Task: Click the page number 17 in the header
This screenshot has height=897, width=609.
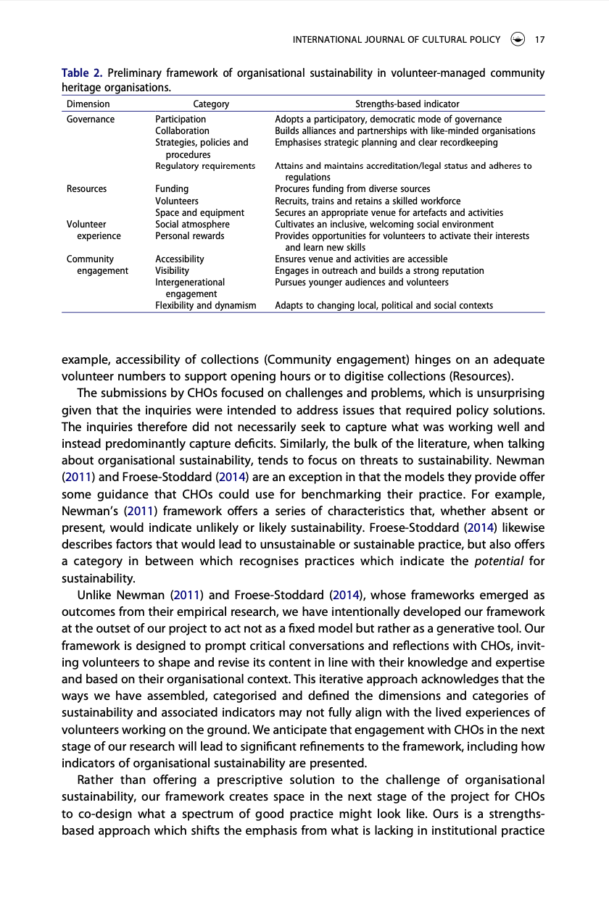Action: click(x=539, y=40)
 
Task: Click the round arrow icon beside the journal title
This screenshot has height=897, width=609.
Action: click(x=517, y=40)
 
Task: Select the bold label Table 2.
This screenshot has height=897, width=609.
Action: click(x=83, y=73)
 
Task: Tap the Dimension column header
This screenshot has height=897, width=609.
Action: click(x=88, y=104)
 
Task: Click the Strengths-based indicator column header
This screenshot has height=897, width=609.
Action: click(x=407, y=104)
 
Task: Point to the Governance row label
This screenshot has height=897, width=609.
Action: click(x=91, y=119)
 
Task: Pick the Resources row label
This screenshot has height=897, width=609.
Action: click(x=86, y=189)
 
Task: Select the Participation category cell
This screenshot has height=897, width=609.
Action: click(x=181, y=119)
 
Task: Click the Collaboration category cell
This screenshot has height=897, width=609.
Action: click(x=182, y=131)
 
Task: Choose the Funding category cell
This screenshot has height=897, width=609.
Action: click(x=172, y=189)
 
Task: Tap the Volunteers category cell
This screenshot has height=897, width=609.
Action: click(x=177, y=201)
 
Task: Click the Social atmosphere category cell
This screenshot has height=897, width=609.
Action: click(x=192, y=225)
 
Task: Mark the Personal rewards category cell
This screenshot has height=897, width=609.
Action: click(x=190, y=236)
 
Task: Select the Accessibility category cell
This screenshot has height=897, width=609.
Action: click(x=180, y=259)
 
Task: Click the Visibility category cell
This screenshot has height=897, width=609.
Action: click(x=172, y=271)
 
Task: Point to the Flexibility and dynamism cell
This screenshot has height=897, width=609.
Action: click(x=206, y=306)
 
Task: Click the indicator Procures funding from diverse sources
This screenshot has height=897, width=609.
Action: click(x=352, y=189)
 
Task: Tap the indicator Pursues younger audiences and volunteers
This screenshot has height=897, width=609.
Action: click(x=361, y=283)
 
